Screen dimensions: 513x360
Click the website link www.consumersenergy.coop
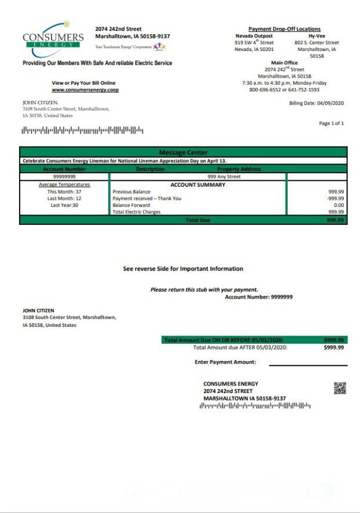[85, 90]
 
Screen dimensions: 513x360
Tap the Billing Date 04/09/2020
[316, 103]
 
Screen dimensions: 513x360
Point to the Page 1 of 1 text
[331, 123]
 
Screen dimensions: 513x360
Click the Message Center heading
[183, 152]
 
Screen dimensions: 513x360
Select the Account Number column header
[64, 169]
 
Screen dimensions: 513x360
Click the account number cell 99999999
[64, 176]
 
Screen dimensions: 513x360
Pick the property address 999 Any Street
[224, 176]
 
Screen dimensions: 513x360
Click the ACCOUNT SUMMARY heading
[198, 185]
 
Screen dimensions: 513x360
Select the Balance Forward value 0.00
[339, 205]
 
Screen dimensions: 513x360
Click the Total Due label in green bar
[198, 220]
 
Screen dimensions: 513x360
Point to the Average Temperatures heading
[64, 185]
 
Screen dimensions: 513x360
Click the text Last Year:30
[64, 205]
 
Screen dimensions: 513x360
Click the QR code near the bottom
[340, 388]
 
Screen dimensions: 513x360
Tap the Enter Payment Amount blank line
[308, 365]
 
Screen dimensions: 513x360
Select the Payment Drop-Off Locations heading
[284, 29]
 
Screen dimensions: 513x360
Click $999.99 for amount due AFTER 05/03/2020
[333, 348]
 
